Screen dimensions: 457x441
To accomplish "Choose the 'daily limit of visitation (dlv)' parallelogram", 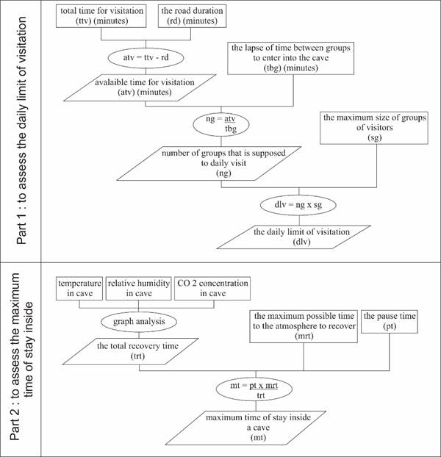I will [300, 236].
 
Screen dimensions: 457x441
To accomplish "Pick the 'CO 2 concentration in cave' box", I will [212, 288].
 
